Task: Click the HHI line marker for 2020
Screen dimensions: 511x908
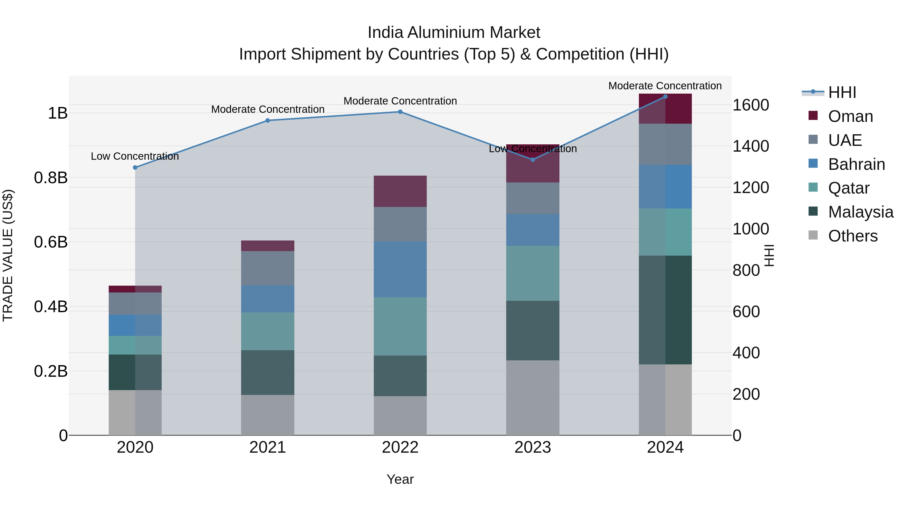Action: point(135,168)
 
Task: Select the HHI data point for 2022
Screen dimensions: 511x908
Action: point(400,112)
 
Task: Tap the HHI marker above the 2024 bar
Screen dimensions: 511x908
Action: point(665,97)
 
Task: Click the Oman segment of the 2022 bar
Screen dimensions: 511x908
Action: point(400,191)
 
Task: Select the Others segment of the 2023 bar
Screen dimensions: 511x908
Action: point(533,397)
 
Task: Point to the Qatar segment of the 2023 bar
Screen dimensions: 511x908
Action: point(533,273)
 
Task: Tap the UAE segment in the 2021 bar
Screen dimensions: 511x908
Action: point(268,268)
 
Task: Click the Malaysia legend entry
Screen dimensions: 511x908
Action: point(860,212)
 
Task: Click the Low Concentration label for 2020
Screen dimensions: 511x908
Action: point(135,156)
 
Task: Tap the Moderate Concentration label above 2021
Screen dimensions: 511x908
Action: point(268,109)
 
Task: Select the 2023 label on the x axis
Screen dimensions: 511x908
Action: point(533,447)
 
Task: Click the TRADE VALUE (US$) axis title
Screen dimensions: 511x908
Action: point(8,255)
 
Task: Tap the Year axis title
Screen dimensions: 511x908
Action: point(400,479)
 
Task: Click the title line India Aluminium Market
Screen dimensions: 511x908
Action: point(454,33)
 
